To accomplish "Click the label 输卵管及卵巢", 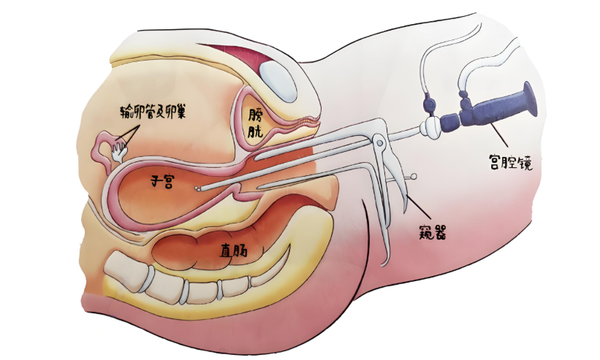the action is click(153, 110).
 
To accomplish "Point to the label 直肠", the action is click(233, 250).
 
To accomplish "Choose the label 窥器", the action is click(433, 231).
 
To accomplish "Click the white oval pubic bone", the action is click(278, 80).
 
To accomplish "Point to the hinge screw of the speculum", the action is click(379, 143).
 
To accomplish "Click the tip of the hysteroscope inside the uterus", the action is click(197, 188).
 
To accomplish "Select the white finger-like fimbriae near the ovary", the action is click(119, 150).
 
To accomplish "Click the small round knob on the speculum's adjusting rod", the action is click(414, 177).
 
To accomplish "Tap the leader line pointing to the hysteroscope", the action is click(498, 136).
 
